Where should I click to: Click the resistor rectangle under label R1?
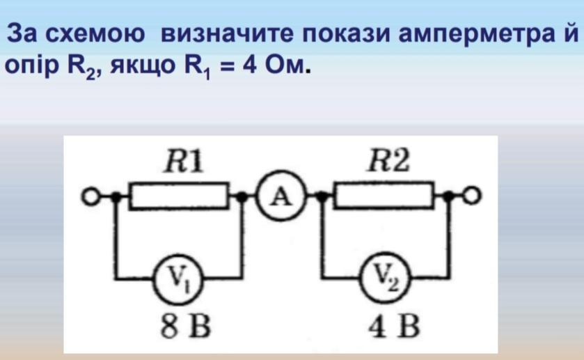180,197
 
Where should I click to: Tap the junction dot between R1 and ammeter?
242,198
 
